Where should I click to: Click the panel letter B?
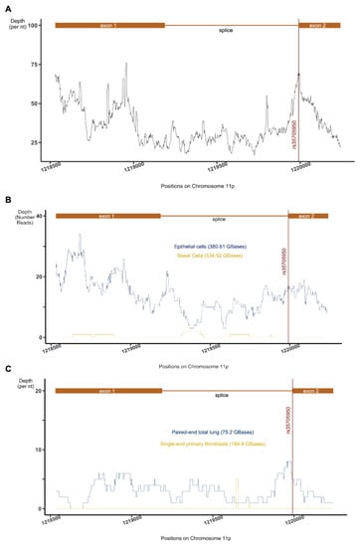(8, 199)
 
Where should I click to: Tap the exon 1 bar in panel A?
(104, 23)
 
